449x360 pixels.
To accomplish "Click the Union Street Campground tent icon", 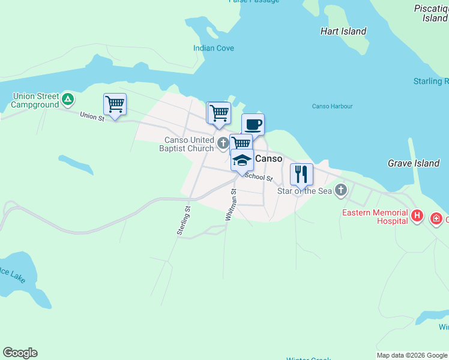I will click(68, 99).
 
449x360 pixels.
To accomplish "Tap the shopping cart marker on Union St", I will click(115, 104).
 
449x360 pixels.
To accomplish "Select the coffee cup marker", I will click(253, 125).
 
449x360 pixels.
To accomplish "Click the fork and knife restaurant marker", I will click(301, 174).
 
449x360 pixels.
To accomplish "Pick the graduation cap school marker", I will click(242, 160).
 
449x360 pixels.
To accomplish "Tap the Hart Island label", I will click(343, 31).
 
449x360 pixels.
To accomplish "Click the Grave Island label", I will click(414, 163).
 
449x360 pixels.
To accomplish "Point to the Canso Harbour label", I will click(332, 106).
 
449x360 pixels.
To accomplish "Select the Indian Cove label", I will click(214, 48).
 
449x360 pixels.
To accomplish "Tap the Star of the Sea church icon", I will click(341, 191).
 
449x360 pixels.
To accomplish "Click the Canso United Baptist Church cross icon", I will click(223, 143).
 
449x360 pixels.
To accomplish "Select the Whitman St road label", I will click(231, 205).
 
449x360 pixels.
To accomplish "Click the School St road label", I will click(259, 177).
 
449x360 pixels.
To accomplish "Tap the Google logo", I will click(20, 353).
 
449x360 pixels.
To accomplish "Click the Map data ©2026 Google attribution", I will click(412, 355).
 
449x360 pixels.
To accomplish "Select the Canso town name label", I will click(269, 159).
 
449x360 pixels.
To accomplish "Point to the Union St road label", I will click(92, 116).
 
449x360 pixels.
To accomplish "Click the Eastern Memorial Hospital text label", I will click(375, 217).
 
